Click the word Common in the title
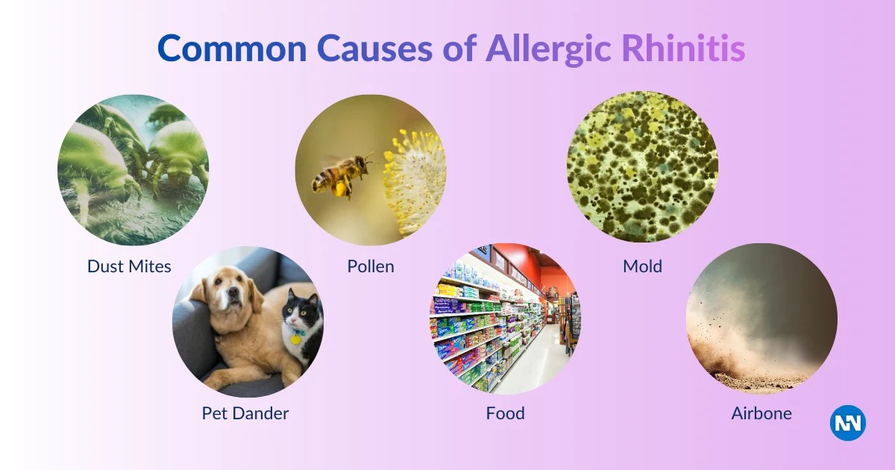(232, 48)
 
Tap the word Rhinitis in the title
(683, 48)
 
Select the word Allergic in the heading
(549, 49)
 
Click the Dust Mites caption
(129, 266)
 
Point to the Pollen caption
(371, 266)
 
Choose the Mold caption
(642, 266)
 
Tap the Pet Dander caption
(245, 413)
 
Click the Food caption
(506, 413)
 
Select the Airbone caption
(761, 413)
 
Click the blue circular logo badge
(848, 423)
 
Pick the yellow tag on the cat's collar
(295, 339)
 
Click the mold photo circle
(642, 166)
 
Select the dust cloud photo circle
(761, 319)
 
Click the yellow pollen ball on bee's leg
(341, 188)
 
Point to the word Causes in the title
(374, 48)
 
